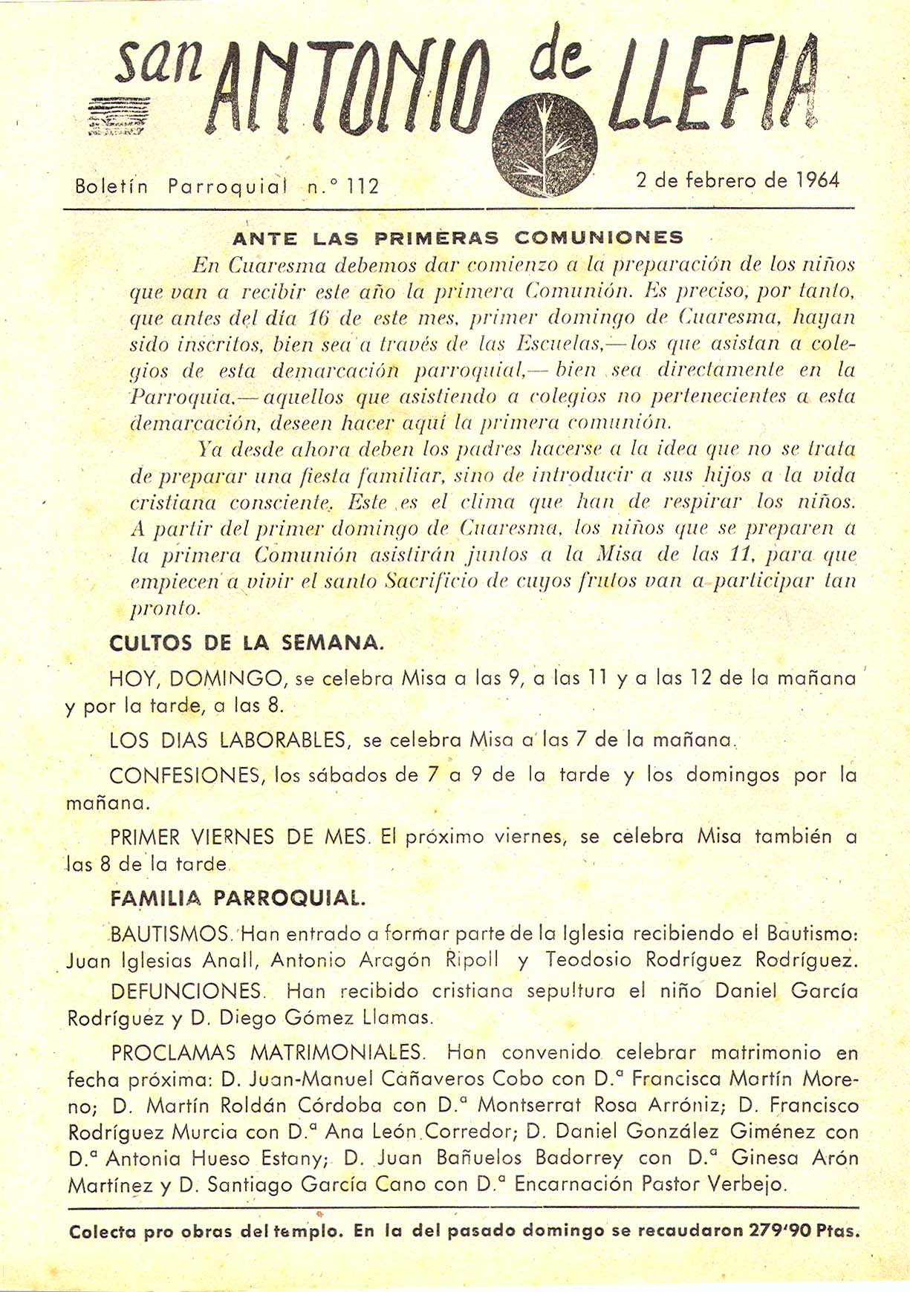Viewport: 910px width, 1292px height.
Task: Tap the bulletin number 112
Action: click(x=363, y=186)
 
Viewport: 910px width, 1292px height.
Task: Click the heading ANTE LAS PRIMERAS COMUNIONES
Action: click(x=458, y=238)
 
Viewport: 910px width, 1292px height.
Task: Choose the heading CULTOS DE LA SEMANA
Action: click(x=247, y=643)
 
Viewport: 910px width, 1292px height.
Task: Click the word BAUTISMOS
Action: click(x=170, y=933)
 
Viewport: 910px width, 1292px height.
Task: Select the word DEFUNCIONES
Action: click(x=186, y=991)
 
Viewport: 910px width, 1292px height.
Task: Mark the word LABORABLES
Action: click(x=283, y=740)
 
